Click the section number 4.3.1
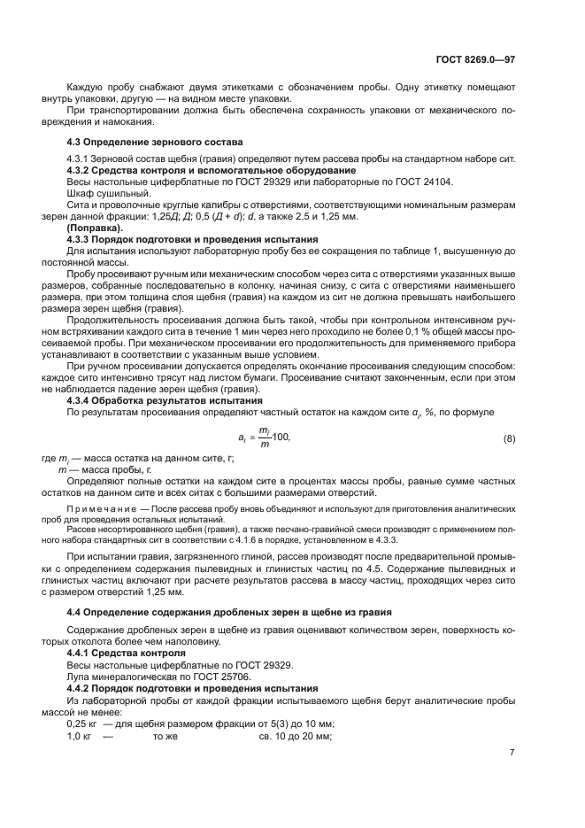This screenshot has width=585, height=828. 81,159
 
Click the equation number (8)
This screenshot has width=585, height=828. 509,438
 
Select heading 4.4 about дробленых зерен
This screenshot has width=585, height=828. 230,612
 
